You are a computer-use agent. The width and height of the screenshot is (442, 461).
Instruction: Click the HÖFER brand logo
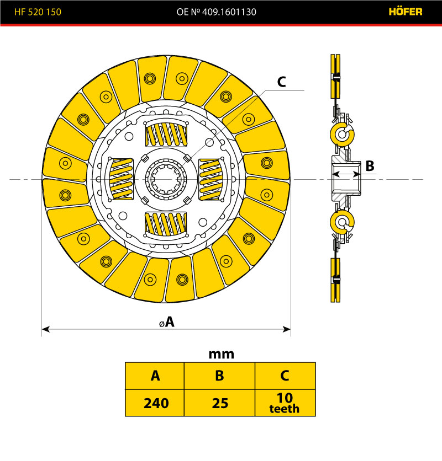click(x=406, y=12)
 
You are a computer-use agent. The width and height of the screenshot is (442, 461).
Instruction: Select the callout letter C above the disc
click(x=281, y=82)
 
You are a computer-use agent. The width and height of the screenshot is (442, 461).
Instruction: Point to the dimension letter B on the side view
click(x=370, y=165)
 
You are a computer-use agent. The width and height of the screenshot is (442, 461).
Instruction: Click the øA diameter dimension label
click(x=167, y=322)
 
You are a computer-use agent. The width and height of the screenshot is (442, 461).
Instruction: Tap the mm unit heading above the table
click(x=221, y=354)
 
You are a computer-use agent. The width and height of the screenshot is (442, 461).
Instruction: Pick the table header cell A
click(x=155, y=376)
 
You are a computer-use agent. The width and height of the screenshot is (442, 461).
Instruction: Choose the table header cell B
click(x=219, y=376)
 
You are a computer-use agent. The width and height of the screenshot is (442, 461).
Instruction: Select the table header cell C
click(x=285, y=376)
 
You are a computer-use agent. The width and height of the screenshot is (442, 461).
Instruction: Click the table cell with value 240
click(x=155, y=403)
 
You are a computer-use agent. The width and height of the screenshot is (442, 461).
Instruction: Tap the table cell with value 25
click(x=219, y=403)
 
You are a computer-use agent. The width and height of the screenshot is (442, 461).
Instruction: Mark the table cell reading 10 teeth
click(x=285, y=403)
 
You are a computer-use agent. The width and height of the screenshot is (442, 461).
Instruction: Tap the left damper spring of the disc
click(x=122, y=179)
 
